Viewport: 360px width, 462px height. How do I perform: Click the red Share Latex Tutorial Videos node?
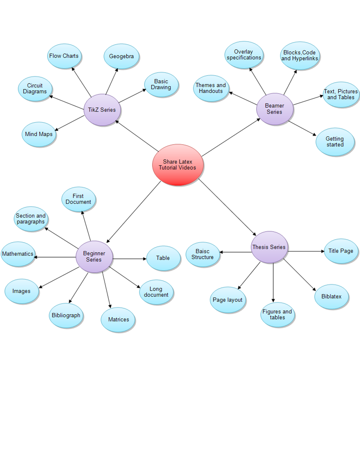178,165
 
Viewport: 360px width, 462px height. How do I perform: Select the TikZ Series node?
102,110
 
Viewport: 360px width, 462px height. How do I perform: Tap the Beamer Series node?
275,109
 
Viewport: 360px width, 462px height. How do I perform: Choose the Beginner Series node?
94,256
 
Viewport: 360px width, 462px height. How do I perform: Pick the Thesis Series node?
269,247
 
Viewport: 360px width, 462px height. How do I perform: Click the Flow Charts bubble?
64,56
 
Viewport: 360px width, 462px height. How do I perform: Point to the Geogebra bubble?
121,56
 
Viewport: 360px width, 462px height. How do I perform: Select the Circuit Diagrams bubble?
35,89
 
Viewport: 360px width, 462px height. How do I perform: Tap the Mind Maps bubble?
39,134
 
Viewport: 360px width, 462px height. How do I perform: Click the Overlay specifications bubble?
244,55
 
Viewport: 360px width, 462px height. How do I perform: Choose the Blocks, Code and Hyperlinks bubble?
300,55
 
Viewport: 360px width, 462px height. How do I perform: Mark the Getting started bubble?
335,142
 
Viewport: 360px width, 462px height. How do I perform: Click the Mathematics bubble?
18,254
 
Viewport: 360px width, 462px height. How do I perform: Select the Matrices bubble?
118,320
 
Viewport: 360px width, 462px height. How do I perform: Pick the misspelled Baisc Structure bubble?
203,254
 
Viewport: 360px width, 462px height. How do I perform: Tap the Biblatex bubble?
331,297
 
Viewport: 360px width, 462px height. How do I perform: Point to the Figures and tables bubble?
277,314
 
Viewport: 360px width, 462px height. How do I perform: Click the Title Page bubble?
341,251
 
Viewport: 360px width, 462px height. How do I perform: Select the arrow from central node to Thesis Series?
228,207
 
